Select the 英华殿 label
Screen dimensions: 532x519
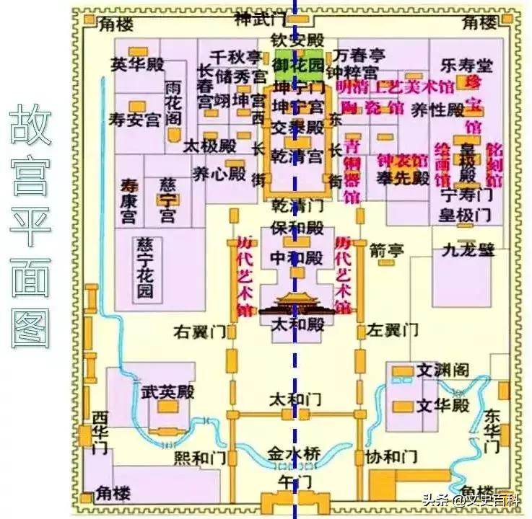click(x=138, y=64)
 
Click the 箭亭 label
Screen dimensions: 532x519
click(x=386, y=251)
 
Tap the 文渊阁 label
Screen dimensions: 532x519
click(x=442, y=371)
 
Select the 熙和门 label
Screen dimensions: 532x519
click(x=201, y=458)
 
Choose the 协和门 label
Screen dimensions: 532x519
click(x=393, y=458)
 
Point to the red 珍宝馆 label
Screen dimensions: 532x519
click(x=473, y=104)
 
